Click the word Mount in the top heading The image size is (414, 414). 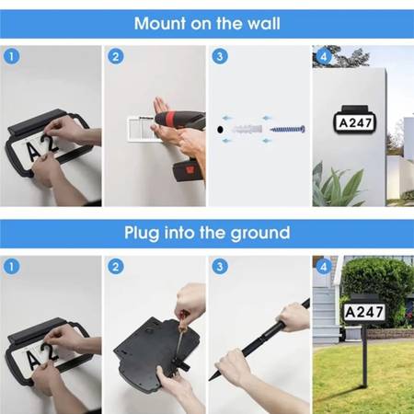point(160,24)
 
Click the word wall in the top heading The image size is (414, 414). point(264,24)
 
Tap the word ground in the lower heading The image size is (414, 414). point(260,234)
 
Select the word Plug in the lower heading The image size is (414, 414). point(142,233)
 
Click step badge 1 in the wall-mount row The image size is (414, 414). point(12,56)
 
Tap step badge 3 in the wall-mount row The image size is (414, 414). point(220,56)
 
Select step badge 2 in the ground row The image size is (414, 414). point(116,267)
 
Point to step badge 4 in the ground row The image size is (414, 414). point(324,267)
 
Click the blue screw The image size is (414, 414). point(287,129)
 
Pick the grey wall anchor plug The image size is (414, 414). point(247,129)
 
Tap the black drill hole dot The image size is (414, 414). point(220,130)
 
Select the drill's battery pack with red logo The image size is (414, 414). point(189,169)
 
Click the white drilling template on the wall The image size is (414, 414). point(141,129)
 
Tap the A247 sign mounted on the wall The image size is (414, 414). point(355,121)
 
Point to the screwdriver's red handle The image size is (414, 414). point(184,319)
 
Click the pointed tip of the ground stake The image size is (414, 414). point(210,380)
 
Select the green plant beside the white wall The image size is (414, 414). point(337,185)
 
